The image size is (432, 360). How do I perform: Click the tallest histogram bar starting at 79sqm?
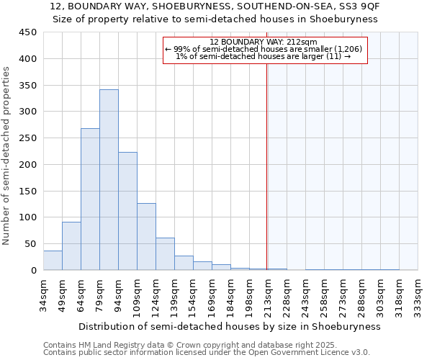pos(109,180)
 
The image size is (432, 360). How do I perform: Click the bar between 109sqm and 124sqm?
pos(146,237)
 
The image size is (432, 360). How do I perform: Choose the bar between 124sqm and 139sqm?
pos(165,254)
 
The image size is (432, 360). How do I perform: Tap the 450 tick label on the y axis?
pos(27,32)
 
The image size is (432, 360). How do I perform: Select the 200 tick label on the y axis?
pos(27,164)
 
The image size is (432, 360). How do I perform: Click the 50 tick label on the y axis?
pos(30,243)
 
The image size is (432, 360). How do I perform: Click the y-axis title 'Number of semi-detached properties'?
pos(7,155)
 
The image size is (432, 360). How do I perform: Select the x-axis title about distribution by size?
pos(229,326)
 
